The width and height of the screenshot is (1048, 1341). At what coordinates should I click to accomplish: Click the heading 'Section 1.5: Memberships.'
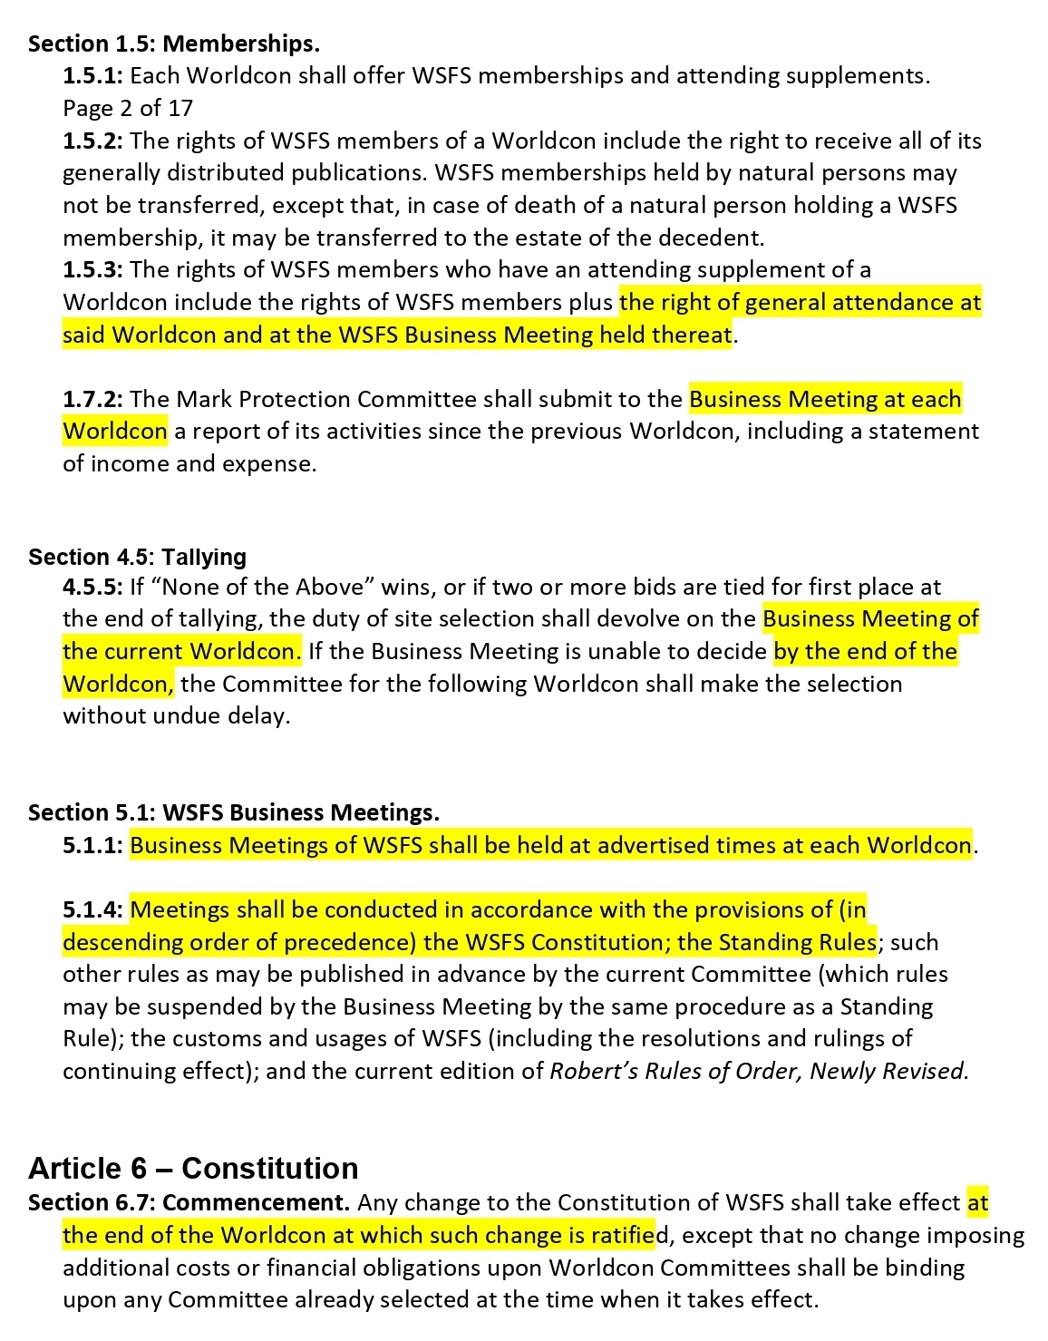click(173, 44)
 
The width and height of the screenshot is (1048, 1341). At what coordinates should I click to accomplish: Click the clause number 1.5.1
click(92, 75)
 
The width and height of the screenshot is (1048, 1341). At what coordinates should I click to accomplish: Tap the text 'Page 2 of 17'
click(128, 108)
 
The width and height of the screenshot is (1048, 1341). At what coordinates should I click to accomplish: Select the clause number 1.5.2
click(92, 141)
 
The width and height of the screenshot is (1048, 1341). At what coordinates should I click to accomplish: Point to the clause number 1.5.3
click(92, 269)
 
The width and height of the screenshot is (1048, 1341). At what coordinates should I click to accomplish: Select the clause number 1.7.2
click(92, 399)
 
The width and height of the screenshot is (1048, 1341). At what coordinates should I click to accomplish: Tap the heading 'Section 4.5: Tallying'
click(137, 556)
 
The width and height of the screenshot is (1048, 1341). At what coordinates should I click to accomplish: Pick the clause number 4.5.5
click(92, 587)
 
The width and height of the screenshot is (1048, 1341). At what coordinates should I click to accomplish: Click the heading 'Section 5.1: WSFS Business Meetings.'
click(233, 811)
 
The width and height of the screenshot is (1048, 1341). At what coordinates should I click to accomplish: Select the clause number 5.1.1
click(92, 845)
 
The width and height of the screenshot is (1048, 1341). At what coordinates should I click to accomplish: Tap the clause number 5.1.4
click(92, 909)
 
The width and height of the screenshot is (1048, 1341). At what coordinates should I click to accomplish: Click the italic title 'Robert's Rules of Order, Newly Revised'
click(758, 1071)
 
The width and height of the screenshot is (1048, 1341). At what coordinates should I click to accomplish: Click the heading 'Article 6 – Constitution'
click(193, 1168)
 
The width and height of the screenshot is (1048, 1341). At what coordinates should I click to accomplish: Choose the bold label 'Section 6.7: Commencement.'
click(189, 1202)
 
